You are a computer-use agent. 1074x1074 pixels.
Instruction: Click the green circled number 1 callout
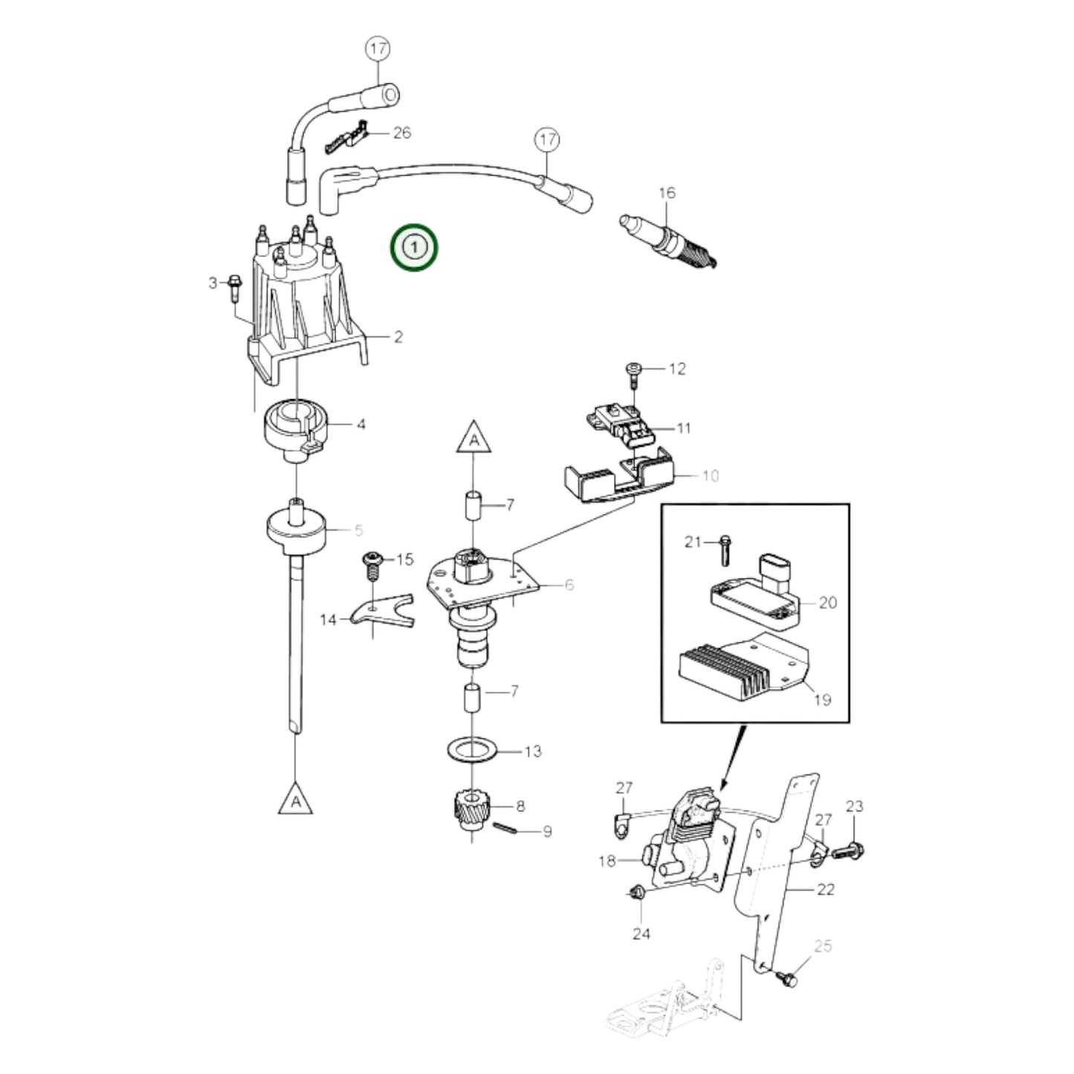[415, 247]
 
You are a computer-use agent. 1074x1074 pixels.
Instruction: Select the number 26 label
[401, 133]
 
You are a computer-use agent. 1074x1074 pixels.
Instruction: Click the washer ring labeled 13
[473, 751]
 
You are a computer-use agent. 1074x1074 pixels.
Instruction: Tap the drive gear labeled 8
[469, 809]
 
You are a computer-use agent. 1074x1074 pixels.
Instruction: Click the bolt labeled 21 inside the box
[725, 548]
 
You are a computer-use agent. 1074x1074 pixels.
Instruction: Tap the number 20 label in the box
[827, 602]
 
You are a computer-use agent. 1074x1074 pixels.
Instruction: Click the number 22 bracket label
[825, 889]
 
